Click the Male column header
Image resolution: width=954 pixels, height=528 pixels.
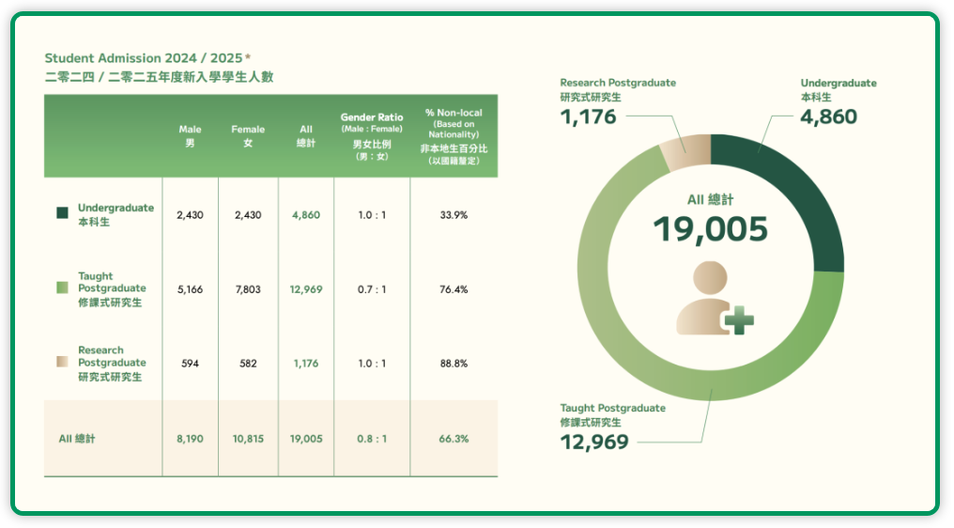190,136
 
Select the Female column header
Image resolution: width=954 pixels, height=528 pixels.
248,136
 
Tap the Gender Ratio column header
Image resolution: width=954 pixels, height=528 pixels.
371,136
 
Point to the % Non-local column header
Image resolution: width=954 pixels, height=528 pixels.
454,136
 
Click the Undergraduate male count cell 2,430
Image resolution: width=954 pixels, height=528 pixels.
190,215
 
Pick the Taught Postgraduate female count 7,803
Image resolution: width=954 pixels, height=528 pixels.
248,289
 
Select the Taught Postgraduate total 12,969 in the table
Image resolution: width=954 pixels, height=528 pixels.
306,289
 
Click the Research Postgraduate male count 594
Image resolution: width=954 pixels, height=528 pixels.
190,364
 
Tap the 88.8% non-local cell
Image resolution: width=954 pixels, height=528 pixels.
454,364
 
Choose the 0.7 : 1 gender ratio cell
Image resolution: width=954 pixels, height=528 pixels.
371,289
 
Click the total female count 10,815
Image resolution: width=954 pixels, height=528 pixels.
248,439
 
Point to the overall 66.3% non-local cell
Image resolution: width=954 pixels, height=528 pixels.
454,439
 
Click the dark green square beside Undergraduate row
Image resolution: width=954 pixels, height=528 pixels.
62,214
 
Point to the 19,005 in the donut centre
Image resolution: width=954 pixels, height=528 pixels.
710,229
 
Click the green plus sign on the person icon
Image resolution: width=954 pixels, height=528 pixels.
738,320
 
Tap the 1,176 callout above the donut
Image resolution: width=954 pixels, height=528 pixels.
588,116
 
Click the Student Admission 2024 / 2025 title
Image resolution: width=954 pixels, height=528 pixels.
147,58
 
